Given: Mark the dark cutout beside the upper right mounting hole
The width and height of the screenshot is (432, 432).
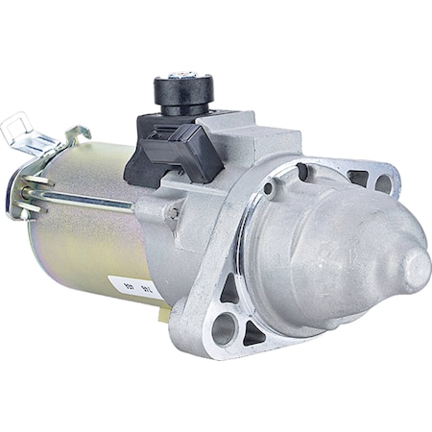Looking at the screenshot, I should coord(357,178).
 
